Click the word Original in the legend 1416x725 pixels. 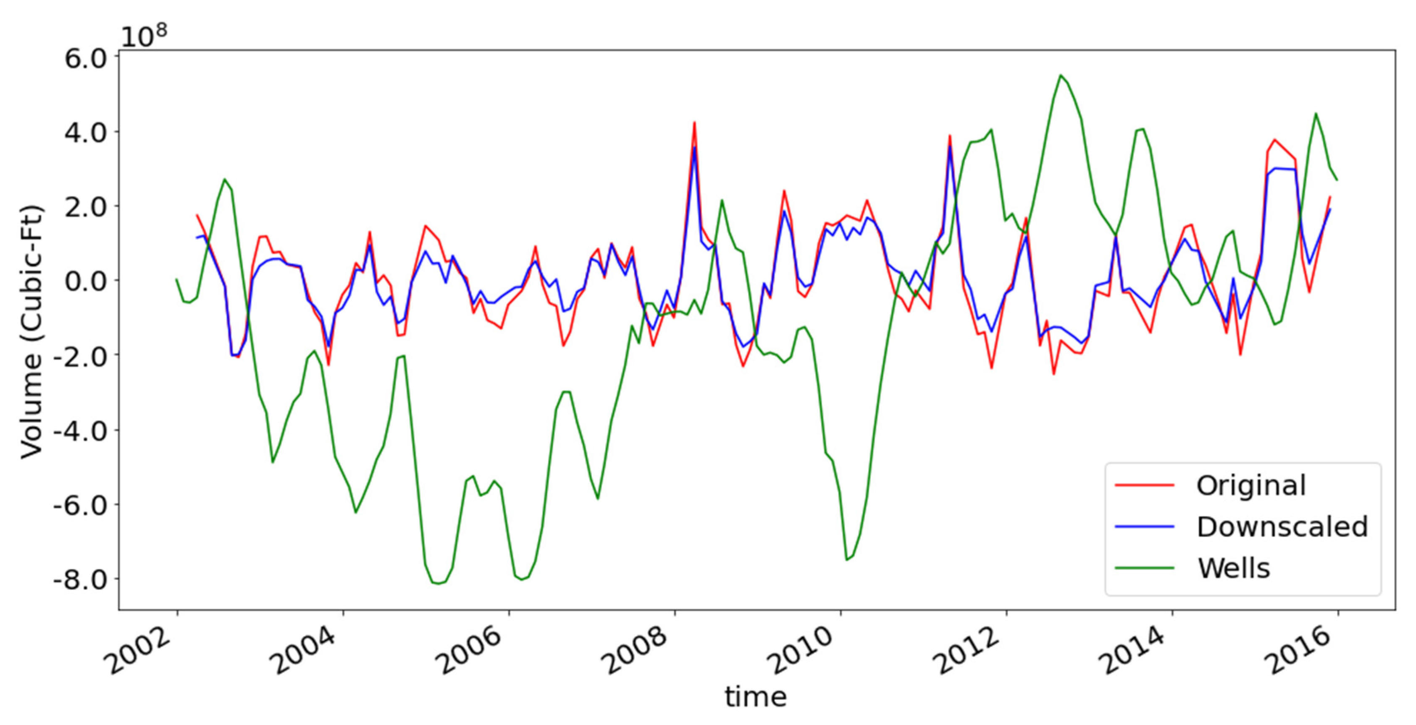(1250, 485)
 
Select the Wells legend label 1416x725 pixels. (1234, 568)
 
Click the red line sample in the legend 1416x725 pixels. (1145, 485)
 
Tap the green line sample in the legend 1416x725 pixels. (1145, 569)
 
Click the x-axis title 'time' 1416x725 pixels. (756, 696)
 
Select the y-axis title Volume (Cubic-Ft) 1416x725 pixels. (32, 332)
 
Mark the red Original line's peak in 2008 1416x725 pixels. (694, 123)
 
